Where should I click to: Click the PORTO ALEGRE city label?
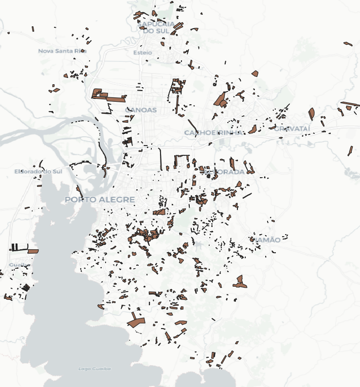pos(100,200)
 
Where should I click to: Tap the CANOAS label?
pos(141,110)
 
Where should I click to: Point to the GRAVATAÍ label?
pos(292,129)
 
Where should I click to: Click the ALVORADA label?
pos(224,172)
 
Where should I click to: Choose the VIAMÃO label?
pos(265,240)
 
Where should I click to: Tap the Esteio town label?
pos(143,53)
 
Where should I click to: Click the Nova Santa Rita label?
pos(62,51)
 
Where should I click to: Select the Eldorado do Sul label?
pos(38,171)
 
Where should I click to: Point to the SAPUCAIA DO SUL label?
pos(156,27)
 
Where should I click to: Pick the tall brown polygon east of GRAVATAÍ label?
pos(311,114)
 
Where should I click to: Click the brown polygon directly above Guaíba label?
pos(33,251)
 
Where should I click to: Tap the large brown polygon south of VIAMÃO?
pos(239,282)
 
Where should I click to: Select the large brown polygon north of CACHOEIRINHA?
pos(221,100)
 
